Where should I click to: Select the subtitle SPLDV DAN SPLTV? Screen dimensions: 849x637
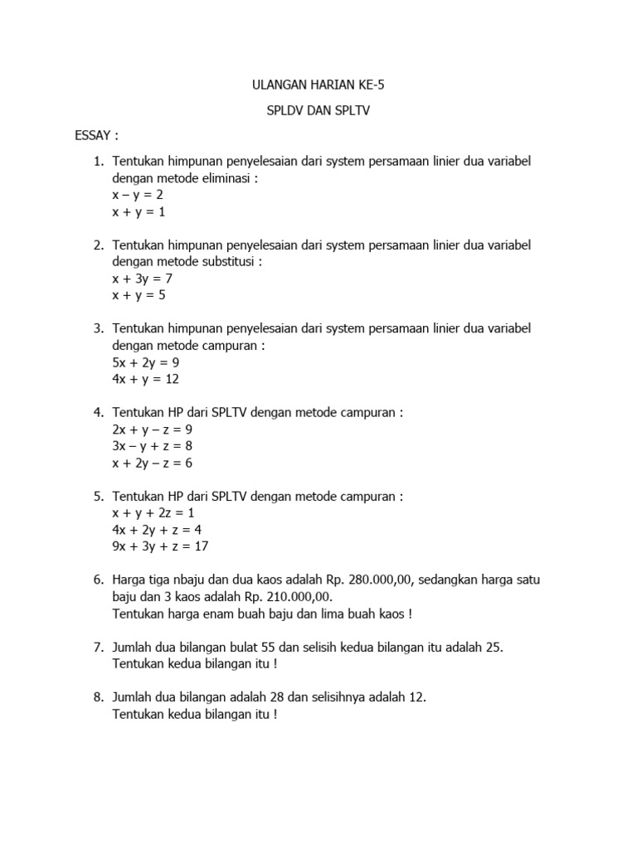pos(318,109)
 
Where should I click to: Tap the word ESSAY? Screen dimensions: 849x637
pos(95,135)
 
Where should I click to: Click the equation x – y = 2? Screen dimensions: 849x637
pos(139,195)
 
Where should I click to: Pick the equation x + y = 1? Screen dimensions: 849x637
pos(139,211)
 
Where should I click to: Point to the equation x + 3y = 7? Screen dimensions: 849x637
pos(142,279)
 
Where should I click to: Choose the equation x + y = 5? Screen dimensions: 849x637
pos(139,295)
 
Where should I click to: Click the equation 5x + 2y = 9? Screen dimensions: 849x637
pos(146,362)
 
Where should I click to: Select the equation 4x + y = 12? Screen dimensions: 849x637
pos(146,379)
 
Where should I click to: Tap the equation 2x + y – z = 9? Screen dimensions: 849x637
pos(153,429)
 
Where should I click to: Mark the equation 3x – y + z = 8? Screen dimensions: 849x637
pos(153,446)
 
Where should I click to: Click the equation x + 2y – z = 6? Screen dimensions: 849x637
pos(153,463)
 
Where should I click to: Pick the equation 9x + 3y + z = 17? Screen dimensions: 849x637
pos(161,546)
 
